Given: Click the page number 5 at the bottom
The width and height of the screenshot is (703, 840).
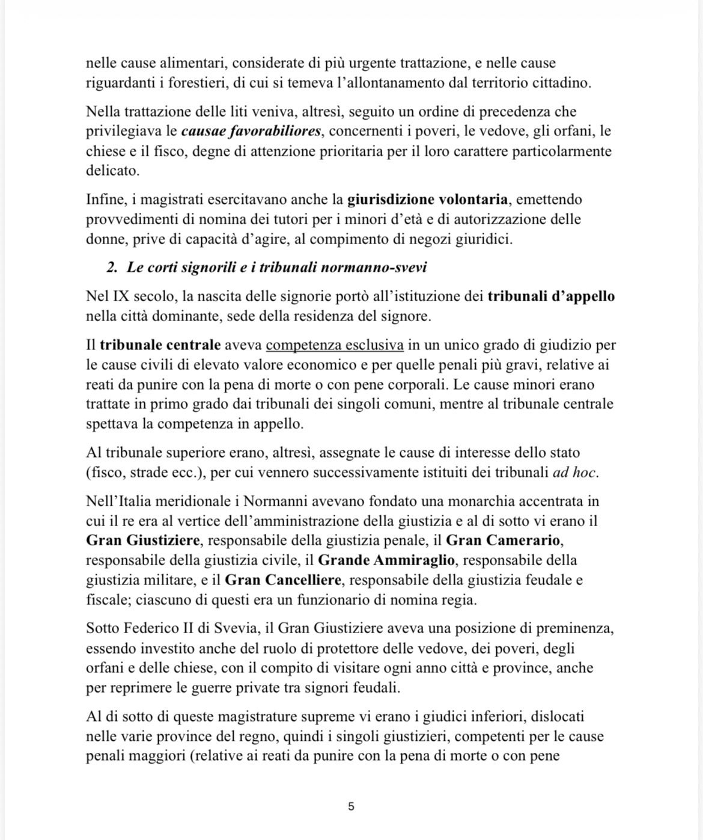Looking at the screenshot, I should pyautogui.click(x=351, y=806).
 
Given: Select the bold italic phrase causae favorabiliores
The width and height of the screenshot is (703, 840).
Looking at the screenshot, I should pyautogui.click(x=251, y=131).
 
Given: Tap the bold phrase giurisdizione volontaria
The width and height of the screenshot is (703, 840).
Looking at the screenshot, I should pyautogui.click(x=427, y=199).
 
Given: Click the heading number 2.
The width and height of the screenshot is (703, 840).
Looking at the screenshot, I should pyautogui.click(x=112, y=268).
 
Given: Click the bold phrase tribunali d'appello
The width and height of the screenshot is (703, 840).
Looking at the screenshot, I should pyautogui.click(x=551, y=296).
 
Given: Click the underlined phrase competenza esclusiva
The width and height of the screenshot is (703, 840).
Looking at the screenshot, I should pyautogui.click(x=335, y=345).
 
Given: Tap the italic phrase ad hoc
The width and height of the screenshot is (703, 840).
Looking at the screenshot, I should pyautogui.click(x=574, y=472).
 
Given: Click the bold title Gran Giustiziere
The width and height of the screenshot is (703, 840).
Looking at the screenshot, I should pyautogui.click(x=142, y=541).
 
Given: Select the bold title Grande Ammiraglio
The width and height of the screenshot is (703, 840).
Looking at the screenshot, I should pyautogui.click(x=386, y=560).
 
